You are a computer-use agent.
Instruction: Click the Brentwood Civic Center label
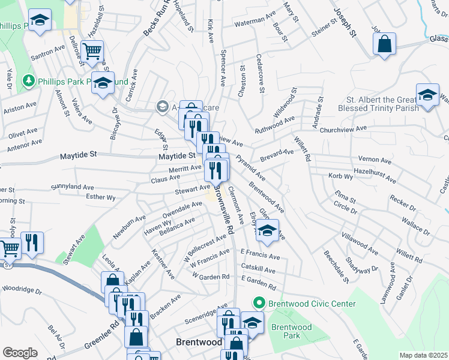tap(312, 304)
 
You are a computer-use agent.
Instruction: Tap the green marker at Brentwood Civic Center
tap(259, 304)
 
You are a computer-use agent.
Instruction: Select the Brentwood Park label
tap(291, 331)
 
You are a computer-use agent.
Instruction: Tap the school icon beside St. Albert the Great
tap(427, 96)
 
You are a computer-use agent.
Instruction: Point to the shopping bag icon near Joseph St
tap(384, 44)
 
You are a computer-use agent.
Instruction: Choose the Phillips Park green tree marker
tap(28, 80)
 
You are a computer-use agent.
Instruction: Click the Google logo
tap(20, 353)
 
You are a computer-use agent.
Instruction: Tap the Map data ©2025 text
tap(424, 355)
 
